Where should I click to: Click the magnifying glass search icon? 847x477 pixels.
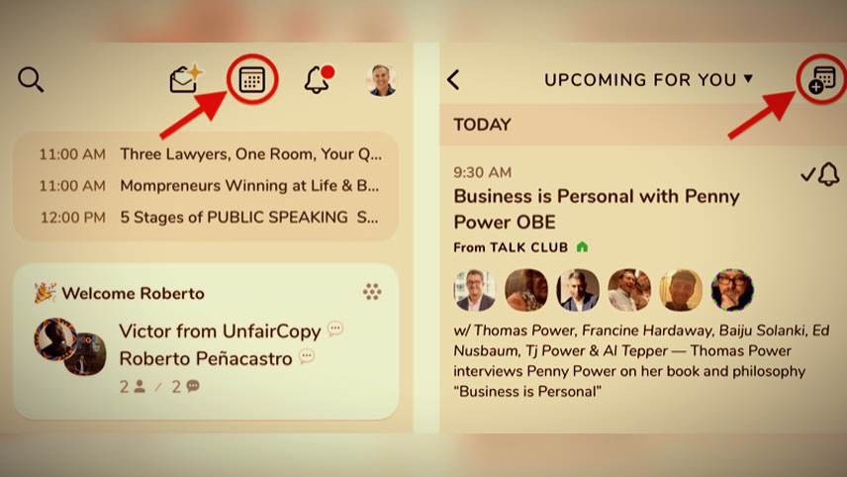pos(31,79)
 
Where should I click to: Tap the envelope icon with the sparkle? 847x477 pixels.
pos(185,79)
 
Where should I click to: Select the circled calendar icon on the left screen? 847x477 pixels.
pos(252,80)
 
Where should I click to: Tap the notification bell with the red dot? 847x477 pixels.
pos(319,79)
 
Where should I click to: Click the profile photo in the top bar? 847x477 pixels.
pos(381,80)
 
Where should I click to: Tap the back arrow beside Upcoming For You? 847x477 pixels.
pos(453,80)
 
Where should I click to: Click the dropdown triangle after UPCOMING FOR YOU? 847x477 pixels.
pos(748,79)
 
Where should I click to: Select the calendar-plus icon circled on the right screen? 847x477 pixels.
pos(822,80)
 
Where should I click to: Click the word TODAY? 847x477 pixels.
pos(482,125)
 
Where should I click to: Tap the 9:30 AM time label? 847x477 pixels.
pos(482,172)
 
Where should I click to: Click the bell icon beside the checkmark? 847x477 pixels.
pos(828,174)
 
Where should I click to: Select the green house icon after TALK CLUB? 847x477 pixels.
pos(582,246)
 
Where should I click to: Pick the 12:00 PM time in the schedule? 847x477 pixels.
pos(73,217)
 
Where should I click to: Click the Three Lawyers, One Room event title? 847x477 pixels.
pos(251,154)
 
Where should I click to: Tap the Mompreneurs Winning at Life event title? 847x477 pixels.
pos(249,186)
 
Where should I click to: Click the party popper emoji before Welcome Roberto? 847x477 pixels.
pos(45,292)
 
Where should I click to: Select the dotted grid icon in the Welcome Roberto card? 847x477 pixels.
pos(372,292)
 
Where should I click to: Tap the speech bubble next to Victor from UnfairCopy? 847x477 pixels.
pos(334,328)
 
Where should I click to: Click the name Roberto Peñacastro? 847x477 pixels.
pos(205,358)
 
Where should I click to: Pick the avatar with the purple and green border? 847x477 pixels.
pos(732,290)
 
